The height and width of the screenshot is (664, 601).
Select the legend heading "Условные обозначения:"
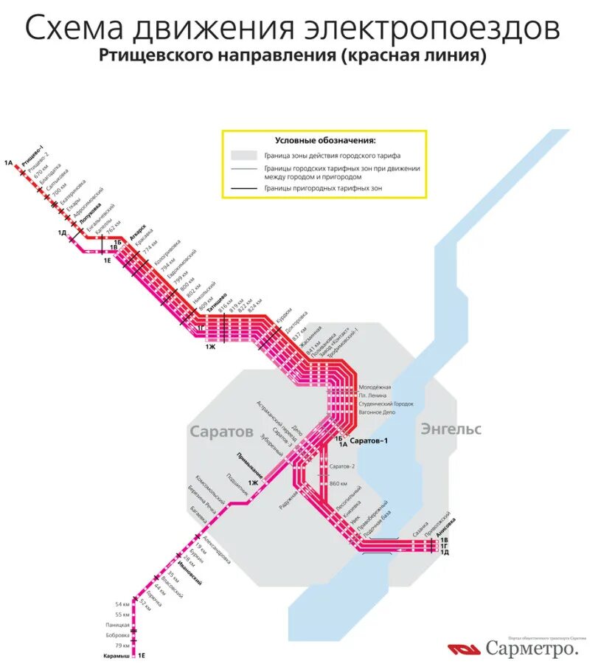point(324,140)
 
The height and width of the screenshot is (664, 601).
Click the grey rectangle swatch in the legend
point(243,156)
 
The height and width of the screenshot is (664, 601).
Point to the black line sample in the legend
point(243,189)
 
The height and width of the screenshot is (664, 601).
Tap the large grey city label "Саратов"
point(221,431)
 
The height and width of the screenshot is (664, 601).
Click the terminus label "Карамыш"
point(117,655)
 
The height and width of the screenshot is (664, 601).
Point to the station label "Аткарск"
point(138,231)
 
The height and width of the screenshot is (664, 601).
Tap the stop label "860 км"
point(338,483)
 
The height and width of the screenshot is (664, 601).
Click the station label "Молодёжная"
point(375,387)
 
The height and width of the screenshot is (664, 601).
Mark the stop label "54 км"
point(122,604)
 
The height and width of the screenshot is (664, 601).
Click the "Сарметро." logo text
point(531,649)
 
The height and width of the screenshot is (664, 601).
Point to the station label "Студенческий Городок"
point(386,404)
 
